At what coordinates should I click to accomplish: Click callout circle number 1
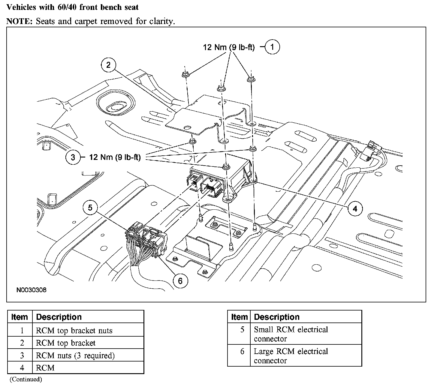tap(272, 47)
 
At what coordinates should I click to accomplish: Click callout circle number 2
tap(108, 65)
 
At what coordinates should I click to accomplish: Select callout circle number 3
tap(73, 157)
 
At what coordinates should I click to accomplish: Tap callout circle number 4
tap(355, 208)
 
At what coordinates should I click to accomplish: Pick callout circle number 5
tap(90, 207)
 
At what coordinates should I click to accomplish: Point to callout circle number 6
tap(180, 281)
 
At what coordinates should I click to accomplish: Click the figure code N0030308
tap(32, 290)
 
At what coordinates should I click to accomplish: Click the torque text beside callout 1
tap(229, 47)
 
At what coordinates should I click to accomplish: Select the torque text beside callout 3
tap(115, 157)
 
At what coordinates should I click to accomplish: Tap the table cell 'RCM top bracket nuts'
tap(74, 331)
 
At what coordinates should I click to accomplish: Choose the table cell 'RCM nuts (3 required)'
tap(75, 355)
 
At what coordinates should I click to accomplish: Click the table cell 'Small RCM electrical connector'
tap(291, 334)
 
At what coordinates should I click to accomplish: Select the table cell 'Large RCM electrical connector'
tap(291, 355)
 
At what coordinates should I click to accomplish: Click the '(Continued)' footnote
tap(26, 379)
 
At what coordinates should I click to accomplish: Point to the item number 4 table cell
tap(22, 368)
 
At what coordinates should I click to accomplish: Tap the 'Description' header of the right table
tap(277, 317)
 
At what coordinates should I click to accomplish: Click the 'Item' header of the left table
tap(20, 317)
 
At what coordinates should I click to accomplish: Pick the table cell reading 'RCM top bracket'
tap(66, 343)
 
